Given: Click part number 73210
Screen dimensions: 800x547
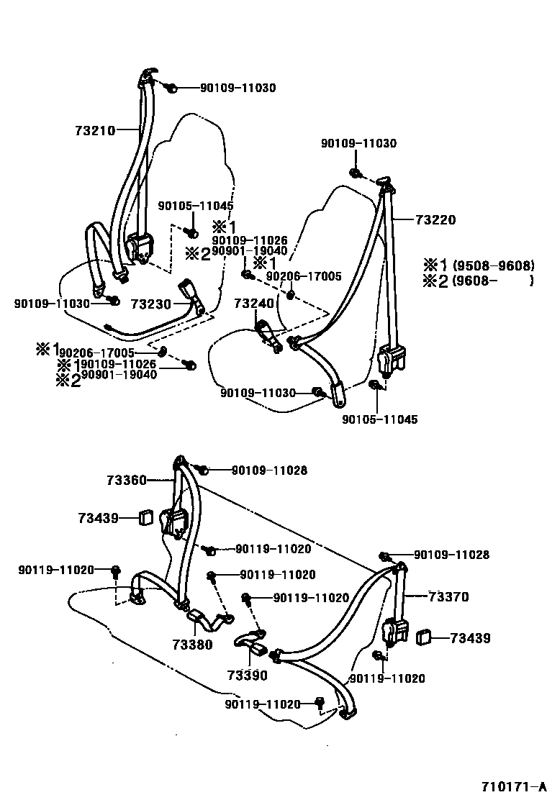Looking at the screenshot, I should [x=94, y=130].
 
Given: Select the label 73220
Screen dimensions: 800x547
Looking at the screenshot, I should [x=435, y=220].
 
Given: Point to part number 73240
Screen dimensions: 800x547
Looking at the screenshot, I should [x=253, y=304].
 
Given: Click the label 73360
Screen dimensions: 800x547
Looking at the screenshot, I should [x=127, y=479].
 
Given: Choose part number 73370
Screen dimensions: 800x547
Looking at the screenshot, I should [x=448, y=596].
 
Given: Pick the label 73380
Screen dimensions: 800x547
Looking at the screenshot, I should [x=192, y=645].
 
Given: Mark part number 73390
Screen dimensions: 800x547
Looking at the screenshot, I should [x=247, y=676].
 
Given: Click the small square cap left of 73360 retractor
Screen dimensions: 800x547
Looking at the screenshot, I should [x=147, y=517].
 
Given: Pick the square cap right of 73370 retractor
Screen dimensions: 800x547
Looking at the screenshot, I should [x=425, y=636].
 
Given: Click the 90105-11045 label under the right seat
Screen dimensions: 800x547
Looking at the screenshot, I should [x=380, y=419].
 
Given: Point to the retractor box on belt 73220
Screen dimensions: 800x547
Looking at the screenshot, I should [x=392, y=359].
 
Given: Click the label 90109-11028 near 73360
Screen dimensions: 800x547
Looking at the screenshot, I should [x=269, y=471].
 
